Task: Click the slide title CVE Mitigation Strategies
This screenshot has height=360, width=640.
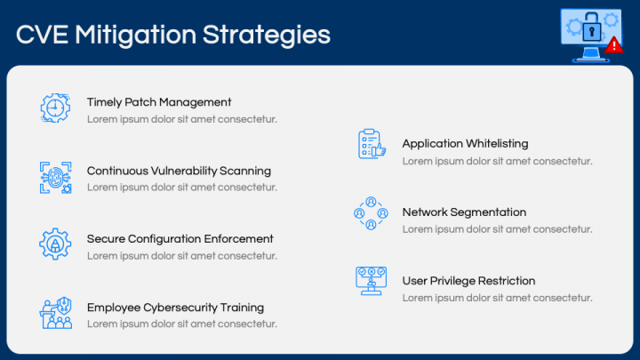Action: click(173, 35)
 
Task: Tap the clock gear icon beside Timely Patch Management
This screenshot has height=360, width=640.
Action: click(55, 108)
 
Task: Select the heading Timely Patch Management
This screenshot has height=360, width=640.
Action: click(159, 102)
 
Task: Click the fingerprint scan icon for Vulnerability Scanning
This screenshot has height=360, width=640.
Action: click(55, 177)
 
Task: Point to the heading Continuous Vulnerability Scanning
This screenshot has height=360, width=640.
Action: click(179, 171)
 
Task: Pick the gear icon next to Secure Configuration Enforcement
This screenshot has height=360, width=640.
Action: click(55, 244)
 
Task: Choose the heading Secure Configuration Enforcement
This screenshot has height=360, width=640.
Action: click(180, 239)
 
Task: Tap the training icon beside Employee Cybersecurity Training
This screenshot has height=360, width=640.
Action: click(55, 313)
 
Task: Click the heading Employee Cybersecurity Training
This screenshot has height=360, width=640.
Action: click(175, 308)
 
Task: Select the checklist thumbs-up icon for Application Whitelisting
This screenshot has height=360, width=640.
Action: click(371, 144)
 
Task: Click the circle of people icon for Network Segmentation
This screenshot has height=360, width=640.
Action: click(371, 213)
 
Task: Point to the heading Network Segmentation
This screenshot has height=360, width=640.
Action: click(464, 212)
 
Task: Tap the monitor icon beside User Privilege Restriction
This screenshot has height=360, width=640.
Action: click(371, 281)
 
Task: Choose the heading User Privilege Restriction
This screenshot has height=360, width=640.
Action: click(468, 281)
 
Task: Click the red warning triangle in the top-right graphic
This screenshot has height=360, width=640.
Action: click(614, 44)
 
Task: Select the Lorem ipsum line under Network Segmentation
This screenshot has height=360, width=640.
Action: click(497, 229)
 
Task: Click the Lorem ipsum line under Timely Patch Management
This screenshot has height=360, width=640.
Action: click(181, 119)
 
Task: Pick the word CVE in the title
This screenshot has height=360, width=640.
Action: click(42, 35)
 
